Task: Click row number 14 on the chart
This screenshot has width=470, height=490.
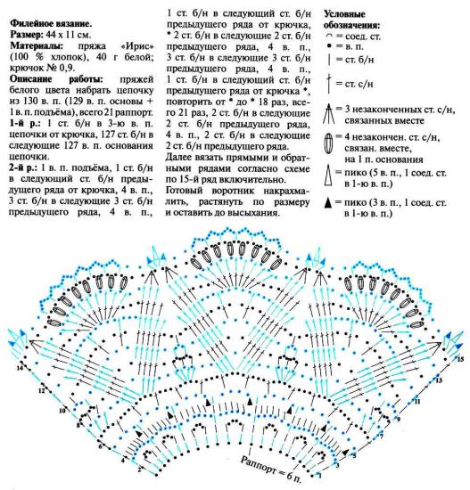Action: [19, 367]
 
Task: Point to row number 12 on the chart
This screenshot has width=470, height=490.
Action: [41, 390]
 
